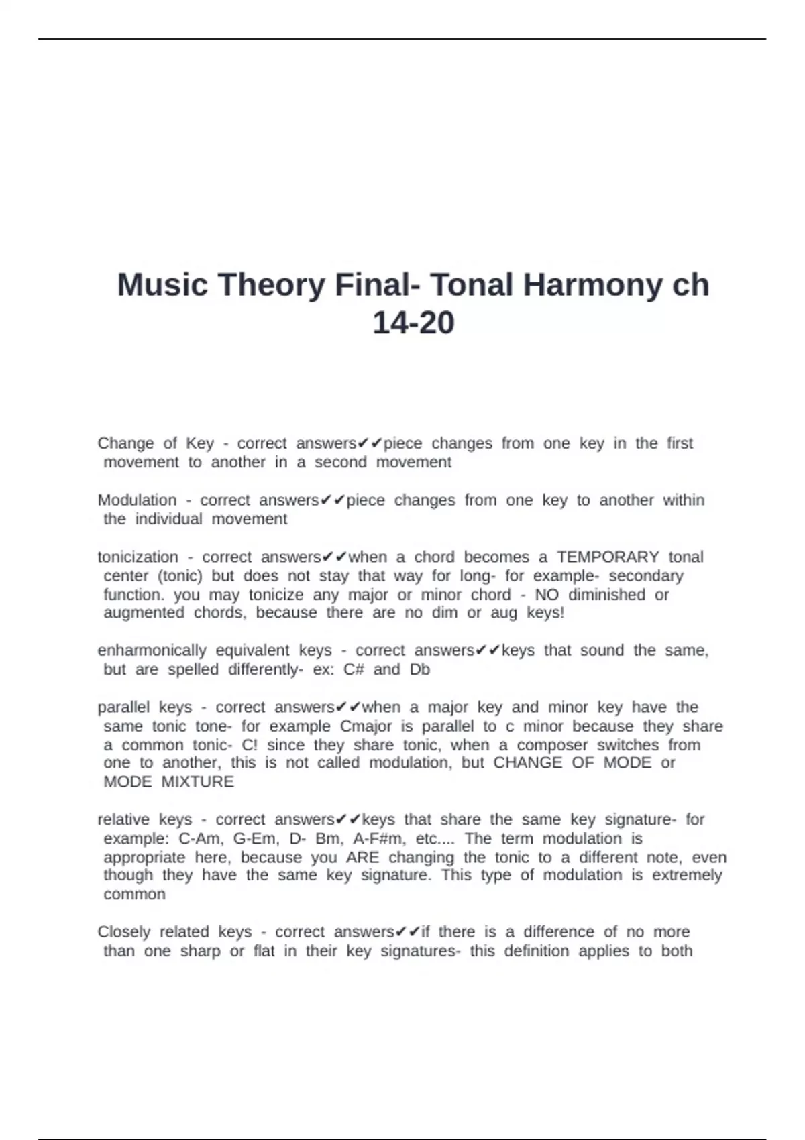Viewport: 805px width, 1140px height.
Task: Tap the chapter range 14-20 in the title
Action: coord(413,323)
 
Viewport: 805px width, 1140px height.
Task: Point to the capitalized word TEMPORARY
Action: coord(608,557)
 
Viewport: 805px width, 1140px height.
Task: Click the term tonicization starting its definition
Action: coord(138,557)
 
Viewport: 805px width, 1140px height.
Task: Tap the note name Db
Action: coord(420,669)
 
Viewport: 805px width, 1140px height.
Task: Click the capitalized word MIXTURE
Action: coord(198,782)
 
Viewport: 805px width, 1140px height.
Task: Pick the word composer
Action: coord(552,745)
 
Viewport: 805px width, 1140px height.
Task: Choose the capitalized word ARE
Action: coord(362,858)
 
